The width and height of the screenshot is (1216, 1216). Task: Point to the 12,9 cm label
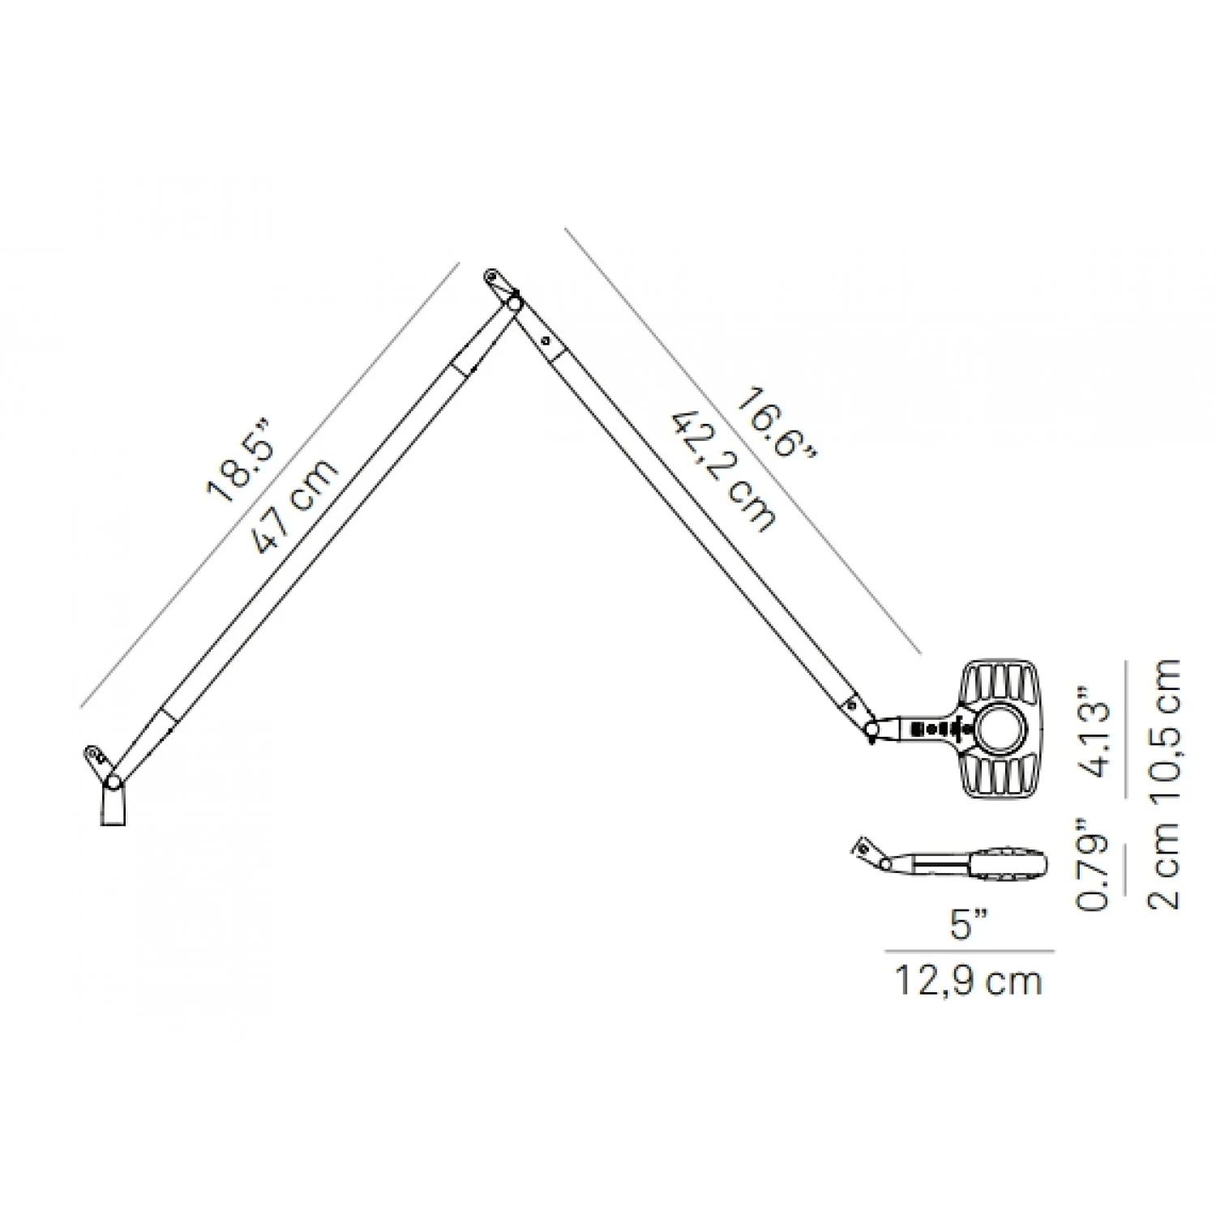(968, 981)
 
